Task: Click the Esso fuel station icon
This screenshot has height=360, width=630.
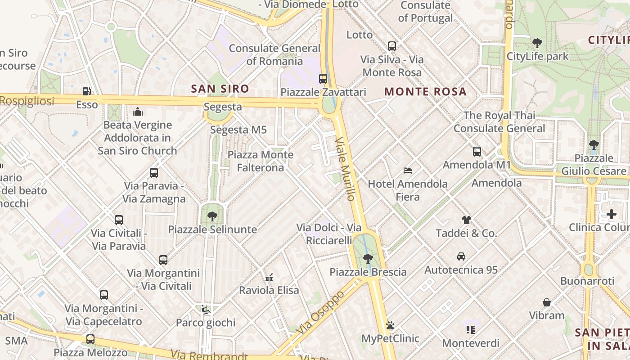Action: tap(86, 91)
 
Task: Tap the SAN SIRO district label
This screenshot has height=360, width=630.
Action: tap(220, 89)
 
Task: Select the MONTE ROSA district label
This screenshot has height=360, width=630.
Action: tap(425, 92)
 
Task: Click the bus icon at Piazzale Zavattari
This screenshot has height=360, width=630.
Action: tap(323, 78)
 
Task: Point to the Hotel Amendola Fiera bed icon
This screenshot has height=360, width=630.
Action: tap(408, 171)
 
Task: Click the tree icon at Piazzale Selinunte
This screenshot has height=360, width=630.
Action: tap(212, 216)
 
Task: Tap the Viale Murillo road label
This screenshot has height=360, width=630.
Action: tap(346, 169)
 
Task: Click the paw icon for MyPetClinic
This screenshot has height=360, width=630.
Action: tap(390, 325)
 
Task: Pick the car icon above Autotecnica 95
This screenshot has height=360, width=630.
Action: tap(461, 256)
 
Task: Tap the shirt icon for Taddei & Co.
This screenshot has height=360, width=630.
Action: tap(466, 220)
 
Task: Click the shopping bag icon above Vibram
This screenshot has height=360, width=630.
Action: tap(547, 302)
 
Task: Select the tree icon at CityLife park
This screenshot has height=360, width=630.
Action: tap(537, 43)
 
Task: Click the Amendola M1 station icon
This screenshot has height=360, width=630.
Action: tap(477, 152)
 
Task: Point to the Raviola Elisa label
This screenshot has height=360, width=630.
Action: tap(269, 290)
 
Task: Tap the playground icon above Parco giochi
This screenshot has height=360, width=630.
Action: tap(205, 309)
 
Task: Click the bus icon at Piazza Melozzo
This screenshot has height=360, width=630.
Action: tap(90, 339)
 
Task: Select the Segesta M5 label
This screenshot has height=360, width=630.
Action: tap(238, 130)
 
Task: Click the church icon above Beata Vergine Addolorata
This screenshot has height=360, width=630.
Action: tap(138, 112)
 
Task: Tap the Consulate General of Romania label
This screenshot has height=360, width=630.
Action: tap(274, 54)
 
